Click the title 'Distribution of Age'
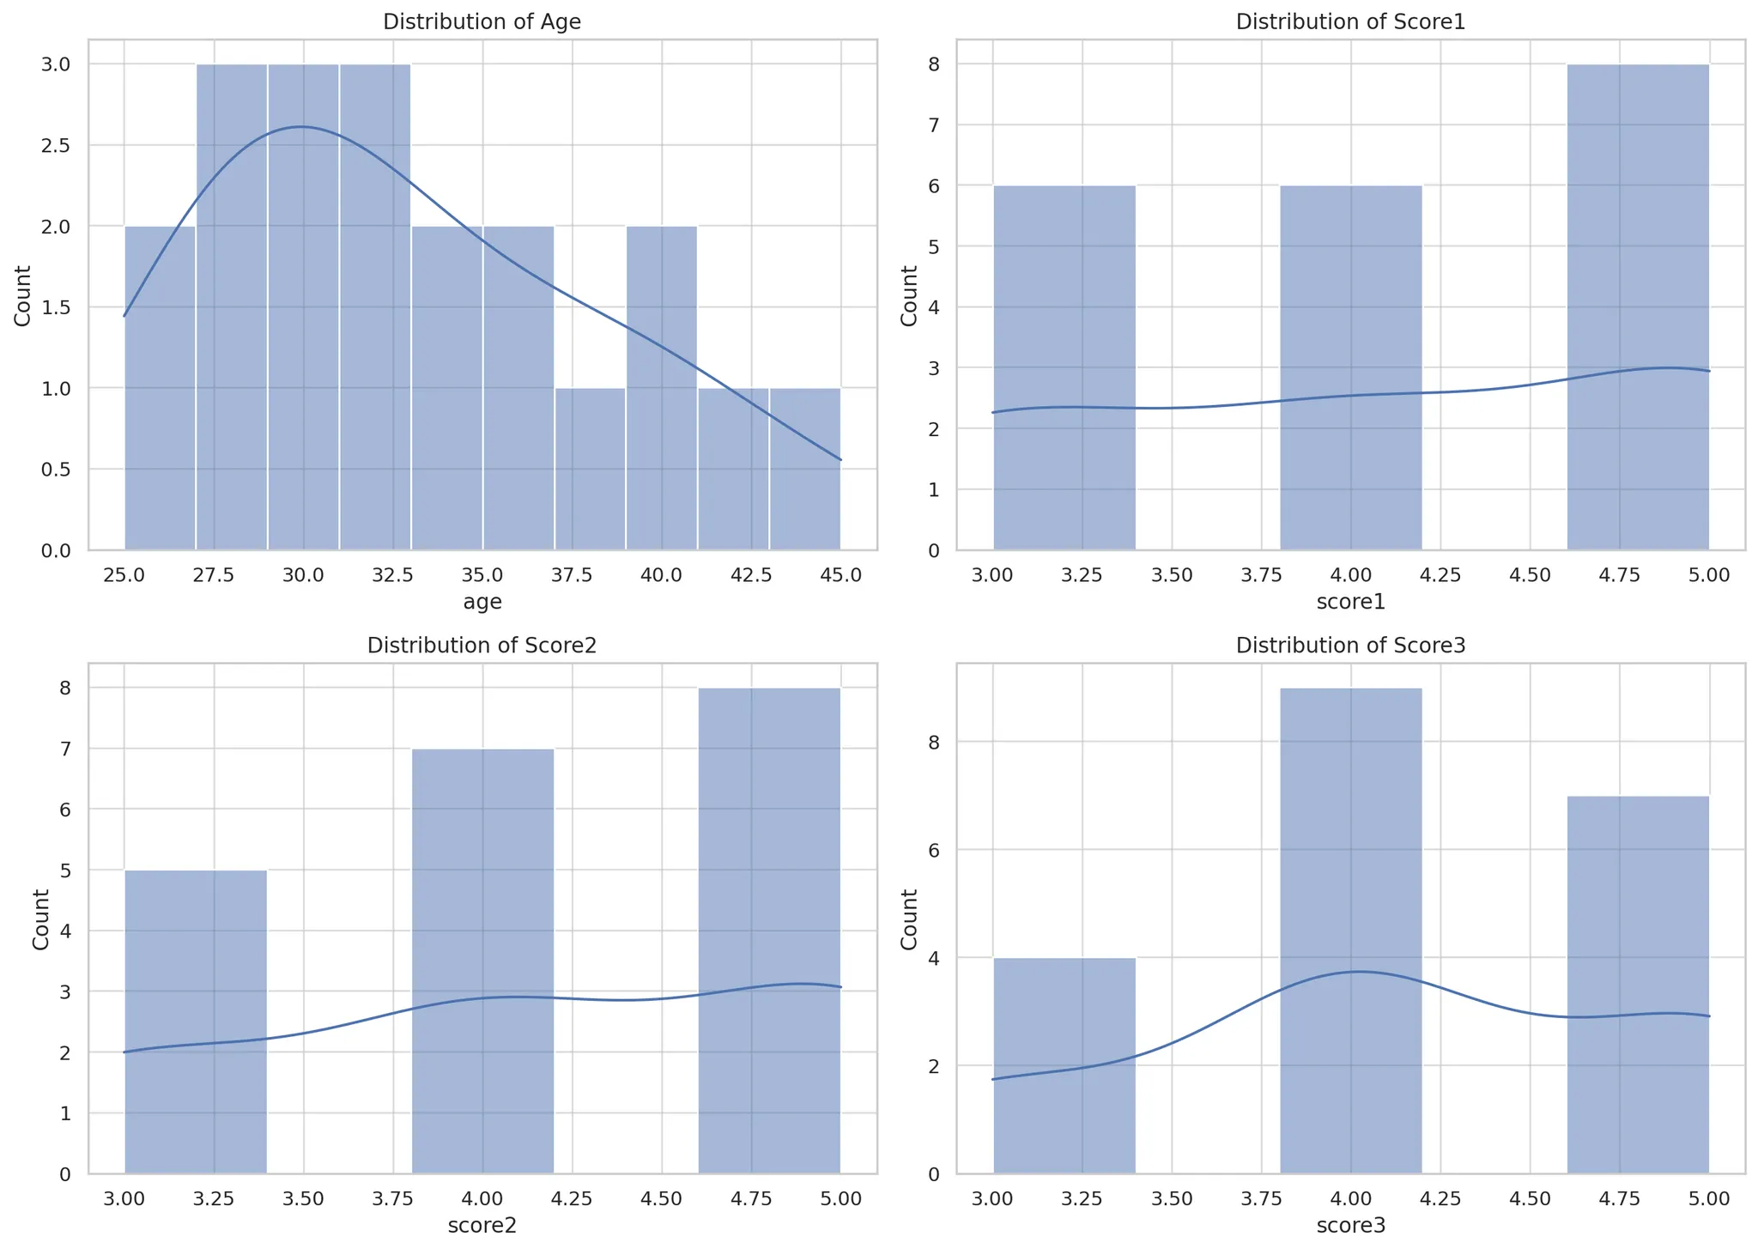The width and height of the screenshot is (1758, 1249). (482, 22)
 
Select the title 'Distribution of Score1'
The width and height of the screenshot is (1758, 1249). (1350, 22)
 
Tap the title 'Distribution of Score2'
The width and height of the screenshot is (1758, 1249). (482, 646)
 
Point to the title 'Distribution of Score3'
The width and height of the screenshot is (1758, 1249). (1350, 646)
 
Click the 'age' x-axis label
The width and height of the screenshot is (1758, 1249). (482, 603)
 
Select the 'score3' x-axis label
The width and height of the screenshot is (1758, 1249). (1350, 1226)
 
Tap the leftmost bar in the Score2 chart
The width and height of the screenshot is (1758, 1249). (196, 1022)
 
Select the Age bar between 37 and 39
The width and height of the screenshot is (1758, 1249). (590, 469)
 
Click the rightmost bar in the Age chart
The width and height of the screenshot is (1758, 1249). (804, 469)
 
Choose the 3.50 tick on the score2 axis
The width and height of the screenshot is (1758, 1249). (303, 1197)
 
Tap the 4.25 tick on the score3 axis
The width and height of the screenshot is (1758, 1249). (1440, 1197)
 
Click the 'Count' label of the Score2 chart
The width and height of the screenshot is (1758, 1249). (39, 919)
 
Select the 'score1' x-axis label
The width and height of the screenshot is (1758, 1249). (1350, 603)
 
